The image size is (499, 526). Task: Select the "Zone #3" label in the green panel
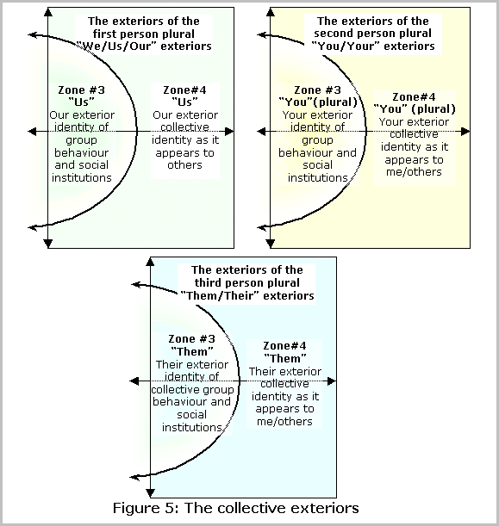81,90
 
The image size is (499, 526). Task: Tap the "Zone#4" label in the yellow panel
414,97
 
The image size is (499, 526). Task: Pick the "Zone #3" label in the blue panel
191,339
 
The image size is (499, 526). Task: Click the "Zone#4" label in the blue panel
284,346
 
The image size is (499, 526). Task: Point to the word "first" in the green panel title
104,34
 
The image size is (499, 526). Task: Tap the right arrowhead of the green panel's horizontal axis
229,132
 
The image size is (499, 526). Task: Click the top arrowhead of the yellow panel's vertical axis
271,12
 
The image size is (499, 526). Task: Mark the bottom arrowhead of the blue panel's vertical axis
150,492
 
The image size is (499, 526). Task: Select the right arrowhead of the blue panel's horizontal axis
332,381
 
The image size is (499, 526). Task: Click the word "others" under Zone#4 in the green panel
185,165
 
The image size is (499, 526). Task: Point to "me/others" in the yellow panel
414,172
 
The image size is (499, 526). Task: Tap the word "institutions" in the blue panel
191,427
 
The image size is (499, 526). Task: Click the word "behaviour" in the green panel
82,152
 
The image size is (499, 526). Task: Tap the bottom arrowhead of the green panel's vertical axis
48,244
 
